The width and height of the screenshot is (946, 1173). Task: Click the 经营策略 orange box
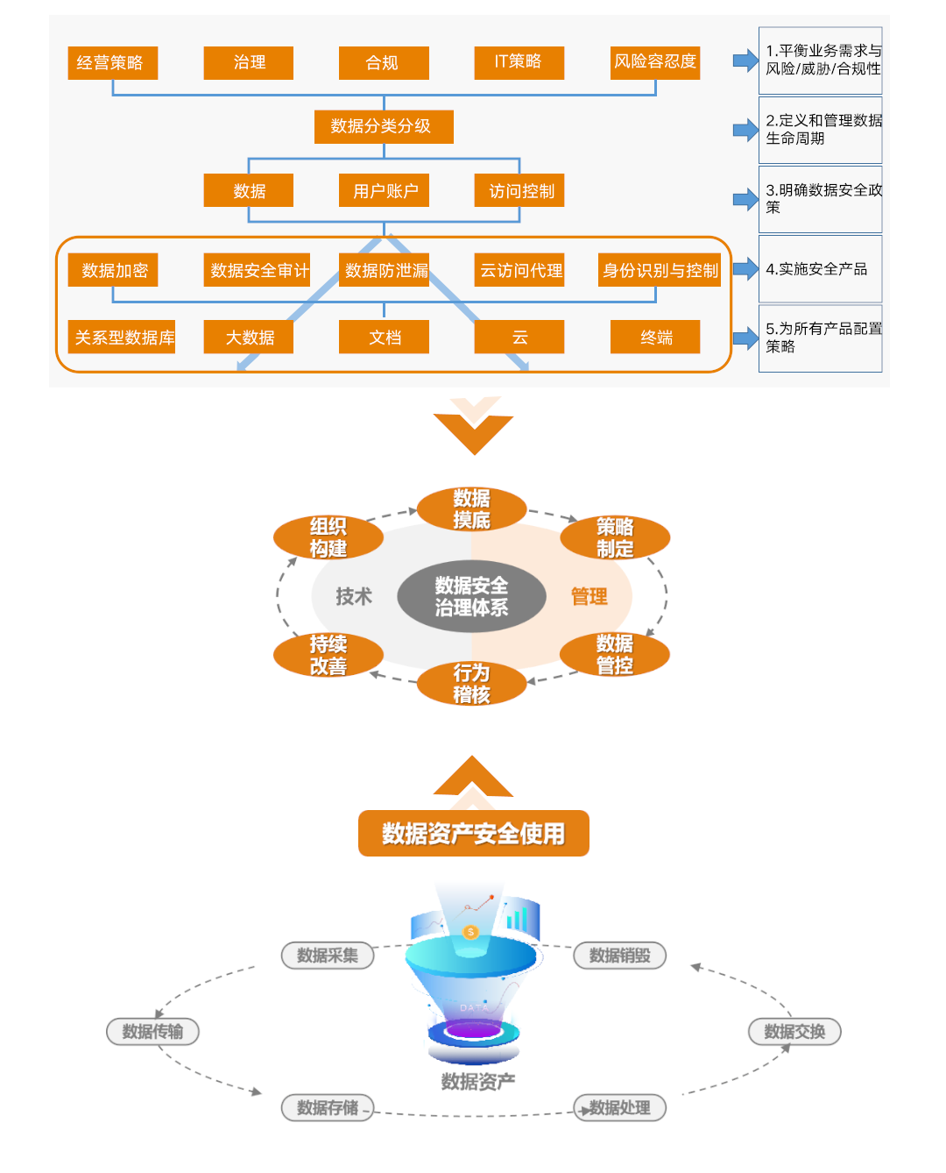click(112, 62)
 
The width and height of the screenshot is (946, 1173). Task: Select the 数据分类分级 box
click(384, 126)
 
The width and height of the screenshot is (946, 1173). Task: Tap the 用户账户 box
click(384, 190)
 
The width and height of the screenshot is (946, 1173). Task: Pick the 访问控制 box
click(519, 190)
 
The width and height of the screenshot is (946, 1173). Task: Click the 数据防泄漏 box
click(384, 270)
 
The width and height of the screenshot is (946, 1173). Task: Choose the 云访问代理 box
click(519, 270)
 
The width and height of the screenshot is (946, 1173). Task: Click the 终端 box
click(655, 337)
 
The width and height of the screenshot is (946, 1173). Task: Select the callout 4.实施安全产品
click(820, 269)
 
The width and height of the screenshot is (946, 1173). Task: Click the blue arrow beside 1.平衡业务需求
click(745, 60)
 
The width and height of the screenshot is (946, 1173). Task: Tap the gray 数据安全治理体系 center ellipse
click(471, 596)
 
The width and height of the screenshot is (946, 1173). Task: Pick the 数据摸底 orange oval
click(471, 509)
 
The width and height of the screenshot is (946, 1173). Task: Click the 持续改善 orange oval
click(328, 655)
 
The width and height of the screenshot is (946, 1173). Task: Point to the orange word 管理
click(589, 597)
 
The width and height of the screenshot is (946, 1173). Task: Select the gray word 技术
click(354, 597)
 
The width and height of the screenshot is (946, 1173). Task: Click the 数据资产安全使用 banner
click(473, 833)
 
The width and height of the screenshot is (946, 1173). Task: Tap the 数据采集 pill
click(328, 956)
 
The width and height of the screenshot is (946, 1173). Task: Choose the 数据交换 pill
click(794, 1032)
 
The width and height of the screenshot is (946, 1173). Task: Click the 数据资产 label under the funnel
click(477, 1082)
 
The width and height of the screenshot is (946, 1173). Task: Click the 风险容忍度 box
click(655, 62)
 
